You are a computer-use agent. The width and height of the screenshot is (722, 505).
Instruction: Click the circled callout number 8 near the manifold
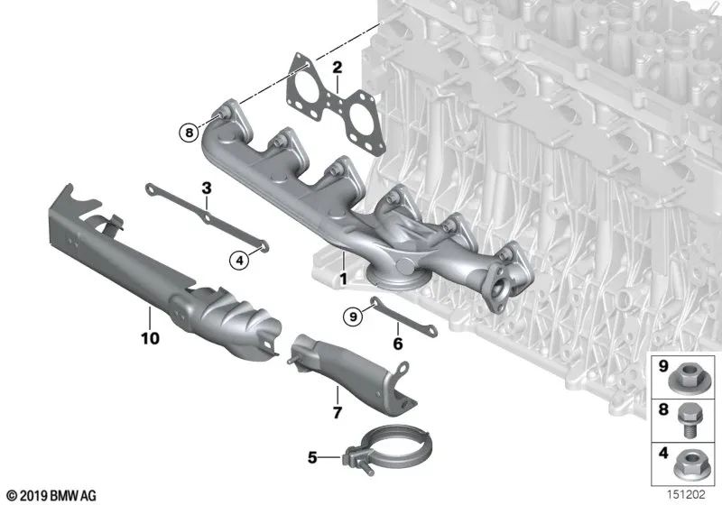point(188,133)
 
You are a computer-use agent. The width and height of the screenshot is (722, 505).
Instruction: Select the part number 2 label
point(336,68)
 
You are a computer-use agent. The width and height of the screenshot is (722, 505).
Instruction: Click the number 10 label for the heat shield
point(150,338)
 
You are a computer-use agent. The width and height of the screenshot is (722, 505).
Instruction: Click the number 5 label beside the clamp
point(312,457)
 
